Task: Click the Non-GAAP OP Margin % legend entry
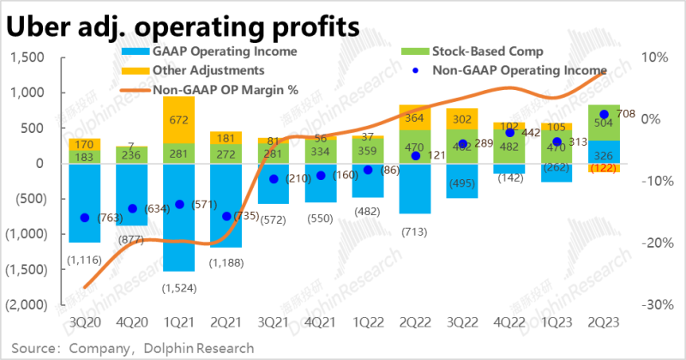pyautogui.click(x=225, y=88)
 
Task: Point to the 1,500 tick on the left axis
pyautogui.click(x=27, y=57)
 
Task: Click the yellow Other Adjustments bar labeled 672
pyautogui.click(x=178, y=121)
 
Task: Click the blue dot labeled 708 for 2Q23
pyautogui.click(x=604, y=114)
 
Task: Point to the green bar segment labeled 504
pyautogui.click(x=604, y=123)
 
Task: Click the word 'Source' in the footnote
pyautogui.click(x=32, y=348)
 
